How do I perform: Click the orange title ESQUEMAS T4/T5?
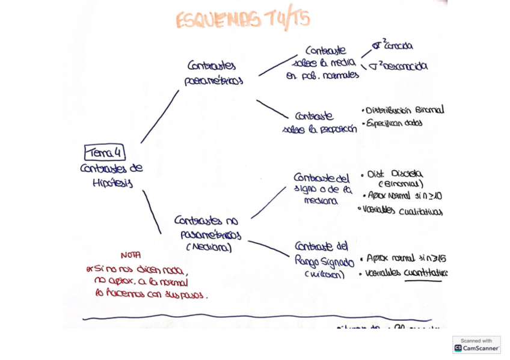243,19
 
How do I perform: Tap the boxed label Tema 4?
105,153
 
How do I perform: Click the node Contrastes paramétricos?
213,73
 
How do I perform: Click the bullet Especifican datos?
395,123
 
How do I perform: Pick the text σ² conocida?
393,46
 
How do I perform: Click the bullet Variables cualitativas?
402,211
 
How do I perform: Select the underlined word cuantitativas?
426,273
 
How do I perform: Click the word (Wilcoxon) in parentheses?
324,275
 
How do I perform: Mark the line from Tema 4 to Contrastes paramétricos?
160,117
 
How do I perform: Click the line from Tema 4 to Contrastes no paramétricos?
152,212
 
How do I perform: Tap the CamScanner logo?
476,345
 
